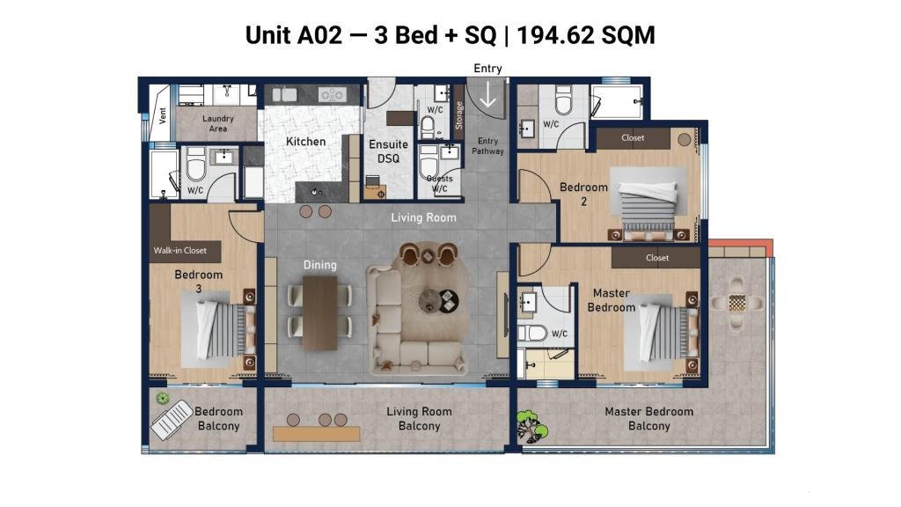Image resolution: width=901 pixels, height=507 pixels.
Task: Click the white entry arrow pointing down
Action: (x=487, y=94)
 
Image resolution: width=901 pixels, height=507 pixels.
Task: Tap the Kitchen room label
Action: (x=305, y=142)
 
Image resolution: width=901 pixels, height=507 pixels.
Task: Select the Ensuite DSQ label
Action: (x=388, y=151)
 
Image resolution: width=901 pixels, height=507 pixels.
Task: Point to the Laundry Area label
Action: (x=218, y=123)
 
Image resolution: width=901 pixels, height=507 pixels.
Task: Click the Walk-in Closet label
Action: (x=179, y=251)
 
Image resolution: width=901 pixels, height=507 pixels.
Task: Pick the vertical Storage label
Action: (x=458, y=115)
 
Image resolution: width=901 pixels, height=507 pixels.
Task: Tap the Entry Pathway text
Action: (x=487, y=146)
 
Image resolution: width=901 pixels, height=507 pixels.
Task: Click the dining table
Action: (x=320, y=312)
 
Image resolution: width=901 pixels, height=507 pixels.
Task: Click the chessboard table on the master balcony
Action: (x=736, y=303)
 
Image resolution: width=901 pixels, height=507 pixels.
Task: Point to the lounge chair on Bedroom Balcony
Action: (x=172, y=420)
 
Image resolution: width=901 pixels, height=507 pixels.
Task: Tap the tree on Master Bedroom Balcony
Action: (x=531, y=426)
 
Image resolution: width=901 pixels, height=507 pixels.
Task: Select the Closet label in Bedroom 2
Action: (x=633, y=138)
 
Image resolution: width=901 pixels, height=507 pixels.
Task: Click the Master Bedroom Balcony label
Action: (x=648, y=418)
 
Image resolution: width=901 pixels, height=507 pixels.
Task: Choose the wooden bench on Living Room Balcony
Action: (x=316, y=434)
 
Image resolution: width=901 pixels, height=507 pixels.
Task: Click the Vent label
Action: (x=162, y=115)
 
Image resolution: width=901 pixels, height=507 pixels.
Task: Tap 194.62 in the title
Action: (x=555, y=35)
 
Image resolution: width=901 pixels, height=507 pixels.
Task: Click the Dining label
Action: (x=320, y=265)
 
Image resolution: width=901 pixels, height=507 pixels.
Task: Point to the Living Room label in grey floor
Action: (x=423, y=217)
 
